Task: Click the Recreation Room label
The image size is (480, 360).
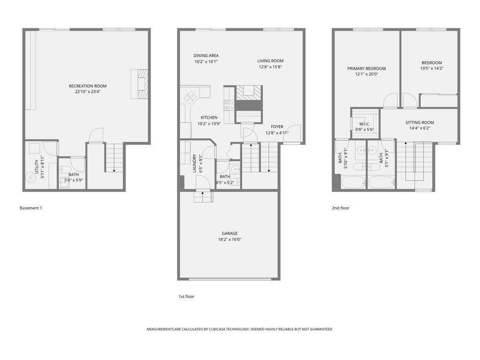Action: click(88, 86)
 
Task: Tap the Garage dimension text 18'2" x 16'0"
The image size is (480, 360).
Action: click(230, 240)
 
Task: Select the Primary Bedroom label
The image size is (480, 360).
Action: click(366, 68)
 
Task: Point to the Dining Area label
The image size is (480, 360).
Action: click(206, 55)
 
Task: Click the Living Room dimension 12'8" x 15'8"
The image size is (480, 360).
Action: click(270, 67)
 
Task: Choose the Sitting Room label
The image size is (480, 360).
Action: click(420, 122)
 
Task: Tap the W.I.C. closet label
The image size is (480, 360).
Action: click(365, 124)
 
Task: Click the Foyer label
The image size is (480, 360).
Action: click(277, 127)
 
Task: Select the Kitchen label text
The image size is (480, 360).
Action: click(209, 117)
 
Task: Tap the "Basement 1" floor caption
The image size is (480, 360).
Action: click(31, 208)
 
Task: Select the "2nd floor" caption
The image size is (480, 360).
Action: click(341, 208)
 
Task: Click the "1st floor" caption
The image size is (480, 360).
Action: click(186, 296)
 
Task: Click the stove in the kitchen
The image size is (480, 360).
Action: click(229, 105)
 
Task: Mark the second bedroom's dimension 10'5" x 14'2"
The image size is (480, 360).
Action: click(432, 68)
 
